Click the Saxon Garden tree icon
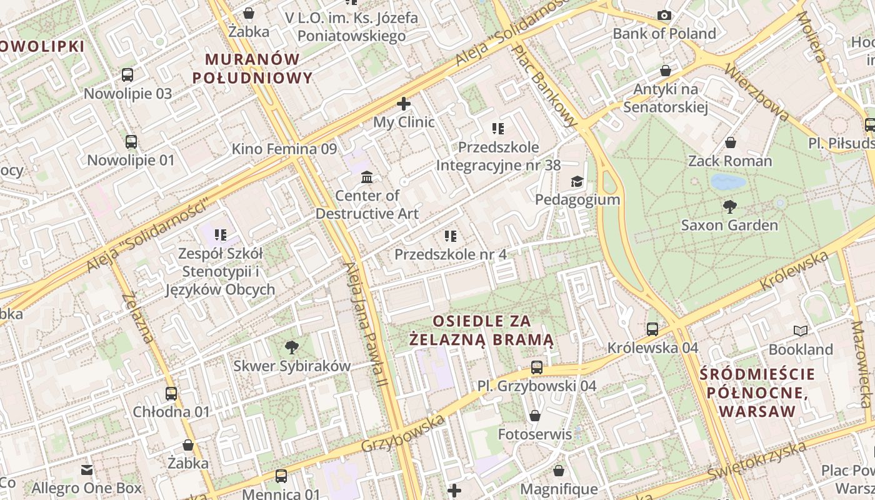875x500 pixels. pos(729,206)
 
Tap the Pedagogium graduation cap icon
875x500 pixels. pos(576,181)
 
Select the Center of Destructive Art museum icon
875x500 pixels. pos(367,177)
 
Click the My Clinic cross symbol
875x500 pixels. pos(404,104)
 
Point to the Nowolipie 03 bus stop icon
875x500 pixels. pos(127,75)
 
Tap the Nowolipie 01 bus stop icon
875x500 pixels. pos(131,141)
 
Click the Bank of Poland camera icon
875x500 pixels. pos(664,15)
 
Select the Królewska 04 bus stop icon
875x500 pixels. pos(652,329)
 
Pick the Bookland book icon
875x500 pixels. pos(800,331)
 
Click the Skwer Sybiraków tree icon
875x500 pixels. pos(291,347)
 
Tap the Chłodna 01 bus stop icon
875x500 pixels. pos(171,393)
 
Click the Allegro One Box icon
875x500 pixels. pos(87,469)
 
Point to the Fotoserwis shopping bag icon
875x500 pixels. pos(535,415)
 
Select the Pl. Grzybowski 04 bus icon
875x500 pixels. pos(536,367)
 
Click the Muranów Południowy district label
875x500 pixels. pos(252,68)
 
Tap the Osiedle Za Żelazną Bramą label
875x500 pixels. pos(481,330)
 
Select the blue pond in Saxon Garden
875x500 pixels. pos(728,182)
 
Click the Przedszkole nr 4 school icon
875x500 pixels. pos(450,236)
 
